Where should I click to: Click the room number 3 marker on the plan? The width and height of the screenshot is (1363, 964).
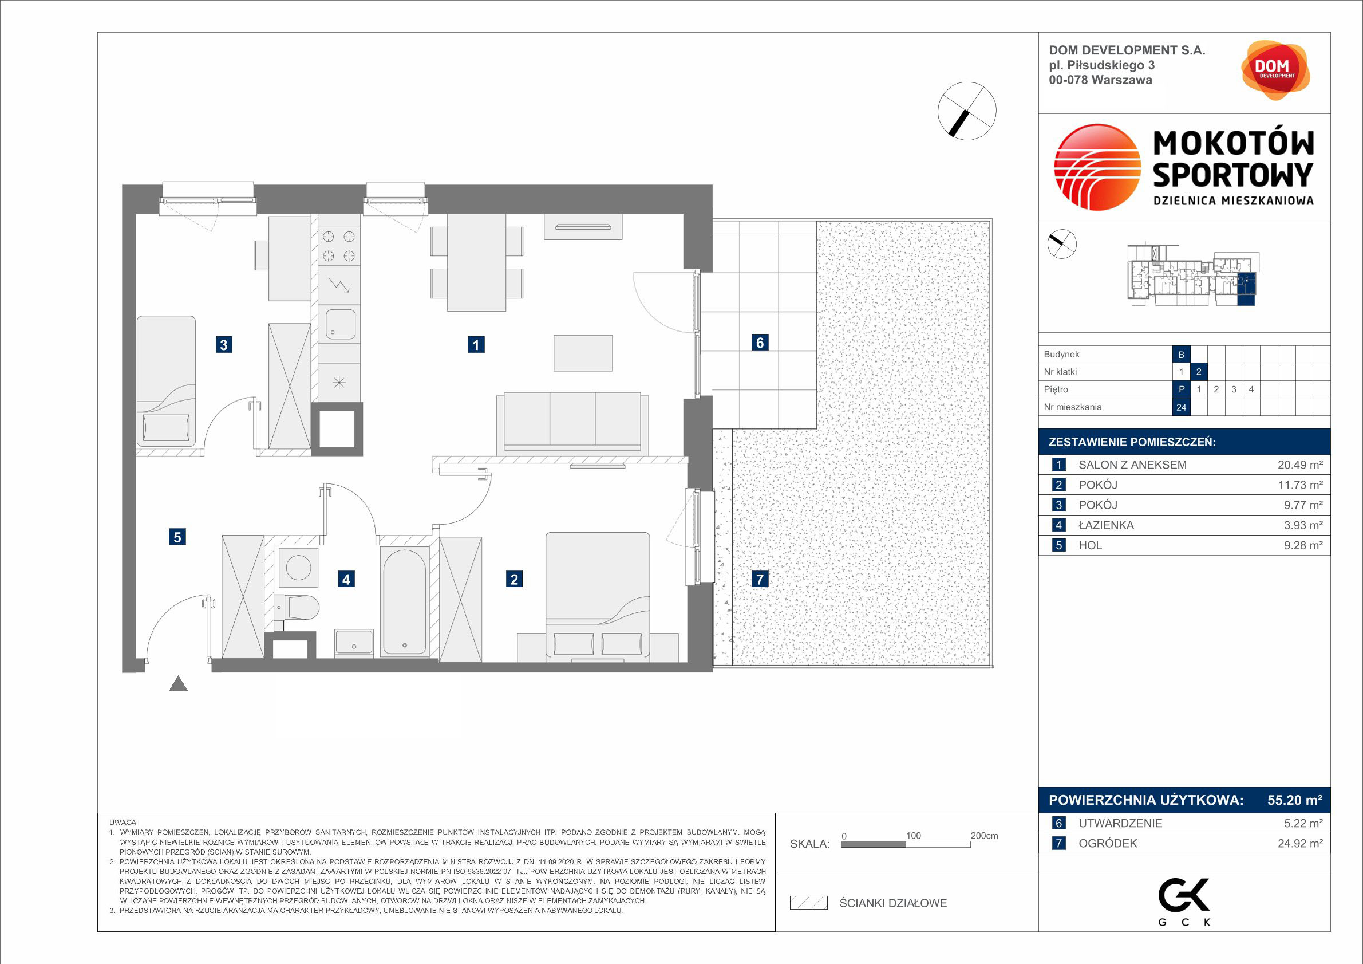[x=223, y=344]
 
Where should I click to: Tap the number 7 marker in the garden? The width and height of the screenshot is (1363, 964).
[x=760, y=579]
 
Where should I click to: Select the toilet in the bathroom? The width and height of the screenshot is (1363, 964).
[x=299, y=608]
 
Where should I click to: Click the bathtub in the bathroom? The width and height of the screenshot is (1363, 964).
[x=404, y=600]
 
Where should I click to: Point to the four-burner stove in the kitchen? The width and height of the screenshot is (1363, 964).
[x=339, y=246]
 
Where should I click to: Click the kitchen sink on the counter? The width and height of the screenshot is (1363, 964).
[x=340, y=324]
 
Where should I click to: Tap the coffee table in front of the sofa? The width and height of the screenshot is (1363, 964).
[x=583, y=353]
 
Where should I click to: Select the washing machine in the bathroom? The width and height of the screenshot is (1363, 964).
[x=298, y=567]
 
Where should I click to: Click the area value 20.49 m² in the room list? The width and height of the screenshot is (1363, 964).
[x=1300, y=465]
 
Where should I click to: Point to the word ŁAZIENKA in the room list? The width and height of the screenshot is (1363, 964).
[x=1107, y=525]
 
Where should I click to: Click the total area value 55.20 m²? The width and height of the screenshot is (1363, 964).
[x=1295, y=800]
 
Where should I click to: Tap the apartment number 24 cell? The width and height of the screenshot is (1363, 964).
[x=1182, y=407]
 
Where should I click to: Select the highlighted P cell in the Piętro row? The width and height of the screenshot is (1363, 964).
[x=1182, y=389]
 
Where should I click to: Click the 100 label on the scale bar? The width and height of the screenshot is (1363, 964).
[x=913, y=836]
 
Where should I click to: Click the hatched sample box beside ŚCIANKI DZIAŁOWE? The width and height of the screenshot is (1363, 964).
[x=808, y=903]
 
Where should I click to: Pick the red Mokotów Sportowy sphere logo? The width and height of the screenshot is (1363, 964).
[x=1097, y=167]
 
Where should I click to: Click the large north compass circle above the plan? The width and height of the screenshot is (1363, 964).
[x=967, y=111]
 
